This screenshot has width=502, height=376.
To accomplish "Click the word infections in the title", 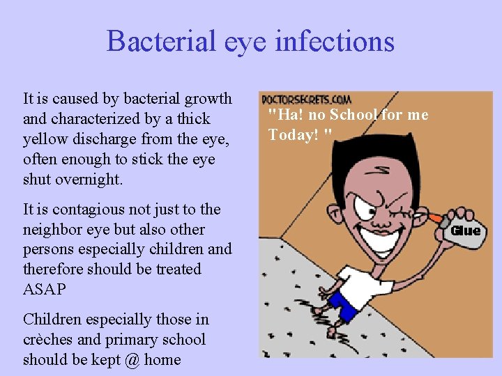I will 335,41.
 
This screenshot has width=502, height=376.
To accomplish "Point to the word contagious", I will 88,210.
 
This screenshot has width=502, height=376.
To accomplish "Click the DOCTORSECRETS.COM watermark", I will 306,100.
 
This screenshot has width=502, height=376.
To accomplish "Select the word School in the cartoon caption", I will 354,115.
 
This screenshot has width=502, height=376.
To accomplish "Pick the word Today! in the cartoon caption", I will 294,134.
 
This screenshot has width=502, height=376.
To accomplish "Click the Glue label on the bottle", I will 466,231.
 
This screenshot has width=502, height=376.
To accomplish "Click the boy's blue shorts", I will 343,306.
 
